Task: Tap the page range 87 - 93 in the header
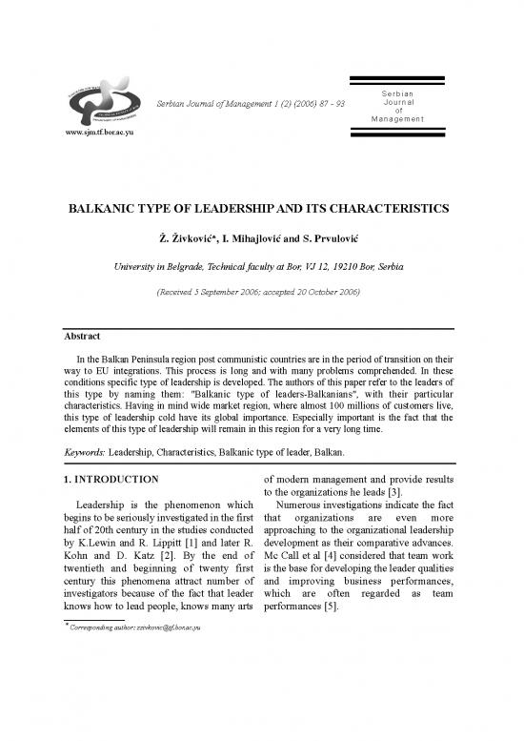[x=337, y=102]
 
